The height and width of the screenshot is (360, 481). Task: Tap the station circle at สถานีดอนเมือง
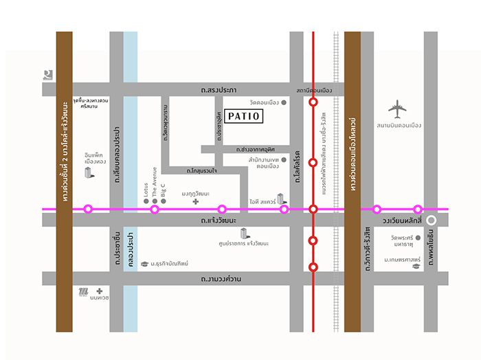(x=313, y=102)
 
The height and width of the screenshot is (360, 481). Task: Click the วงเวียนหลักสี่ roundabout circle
(x=431, y=221)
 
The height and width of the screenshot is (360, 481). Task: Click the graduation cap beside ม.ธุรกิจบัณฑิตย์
(x=144, y=263)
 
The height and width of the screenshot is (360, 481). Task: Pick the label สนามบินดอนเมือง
(x=399, y=126)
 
